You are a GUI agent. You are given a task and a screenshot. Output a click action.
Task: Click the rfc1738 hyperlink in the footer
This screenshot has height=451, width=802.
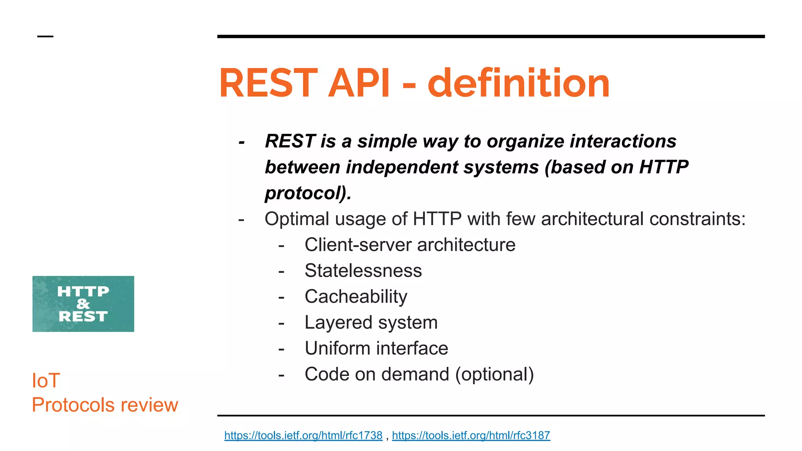303,435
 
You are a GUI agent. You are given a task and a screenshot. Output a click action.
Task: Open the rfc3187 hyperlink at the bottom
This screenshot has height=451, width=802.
471,435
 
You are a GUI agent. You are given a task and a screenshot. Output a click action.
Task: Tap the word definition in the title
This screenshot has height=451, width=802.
518,83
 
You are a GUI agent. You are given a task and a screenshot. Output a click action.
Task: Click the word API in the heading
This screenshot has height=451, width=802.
359,83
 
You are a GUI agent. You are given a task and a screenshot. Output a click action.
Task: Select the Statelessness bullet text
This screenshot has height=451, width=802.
363,271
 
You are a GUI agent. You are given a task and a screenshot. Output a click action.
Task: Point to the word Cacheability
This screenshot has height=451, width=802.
356,297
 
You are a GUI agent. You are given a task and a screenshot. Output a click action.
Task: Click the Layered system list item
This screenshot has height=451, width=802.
371,323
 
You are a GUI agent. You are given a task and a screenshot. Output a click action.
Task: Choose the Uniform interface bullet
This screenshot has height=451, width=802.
376,348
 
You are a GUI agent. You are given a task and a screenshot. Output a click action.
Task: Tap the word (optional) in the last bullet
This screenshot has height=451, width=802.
494,375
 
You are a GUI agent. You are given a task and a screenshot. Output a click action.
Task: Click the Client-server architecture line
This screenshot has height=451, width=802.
410,245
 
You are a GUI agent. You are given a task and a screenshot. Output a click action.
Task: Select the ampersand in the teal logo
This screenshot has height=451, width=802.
83,304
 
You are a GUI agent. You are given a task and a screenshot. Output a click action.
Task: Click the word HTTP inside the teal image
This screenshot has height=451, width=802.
83,291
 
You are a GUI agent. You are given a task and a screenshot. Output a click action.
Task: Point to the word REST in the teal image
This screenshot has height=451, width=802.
83,316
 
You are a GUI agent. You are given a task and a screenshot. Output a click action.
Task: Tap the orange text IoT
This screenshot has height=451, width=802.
46,381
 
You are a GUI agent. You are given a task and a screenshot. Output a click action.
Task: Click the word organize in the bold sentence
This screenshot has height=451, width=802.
525,142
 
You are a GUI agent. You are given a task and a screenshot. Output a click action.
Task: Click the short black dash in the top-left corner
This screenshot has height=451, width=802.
45,36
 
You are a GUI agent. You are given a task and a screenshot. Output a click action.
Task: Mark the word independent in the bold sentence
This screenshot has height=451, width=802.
402,167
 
